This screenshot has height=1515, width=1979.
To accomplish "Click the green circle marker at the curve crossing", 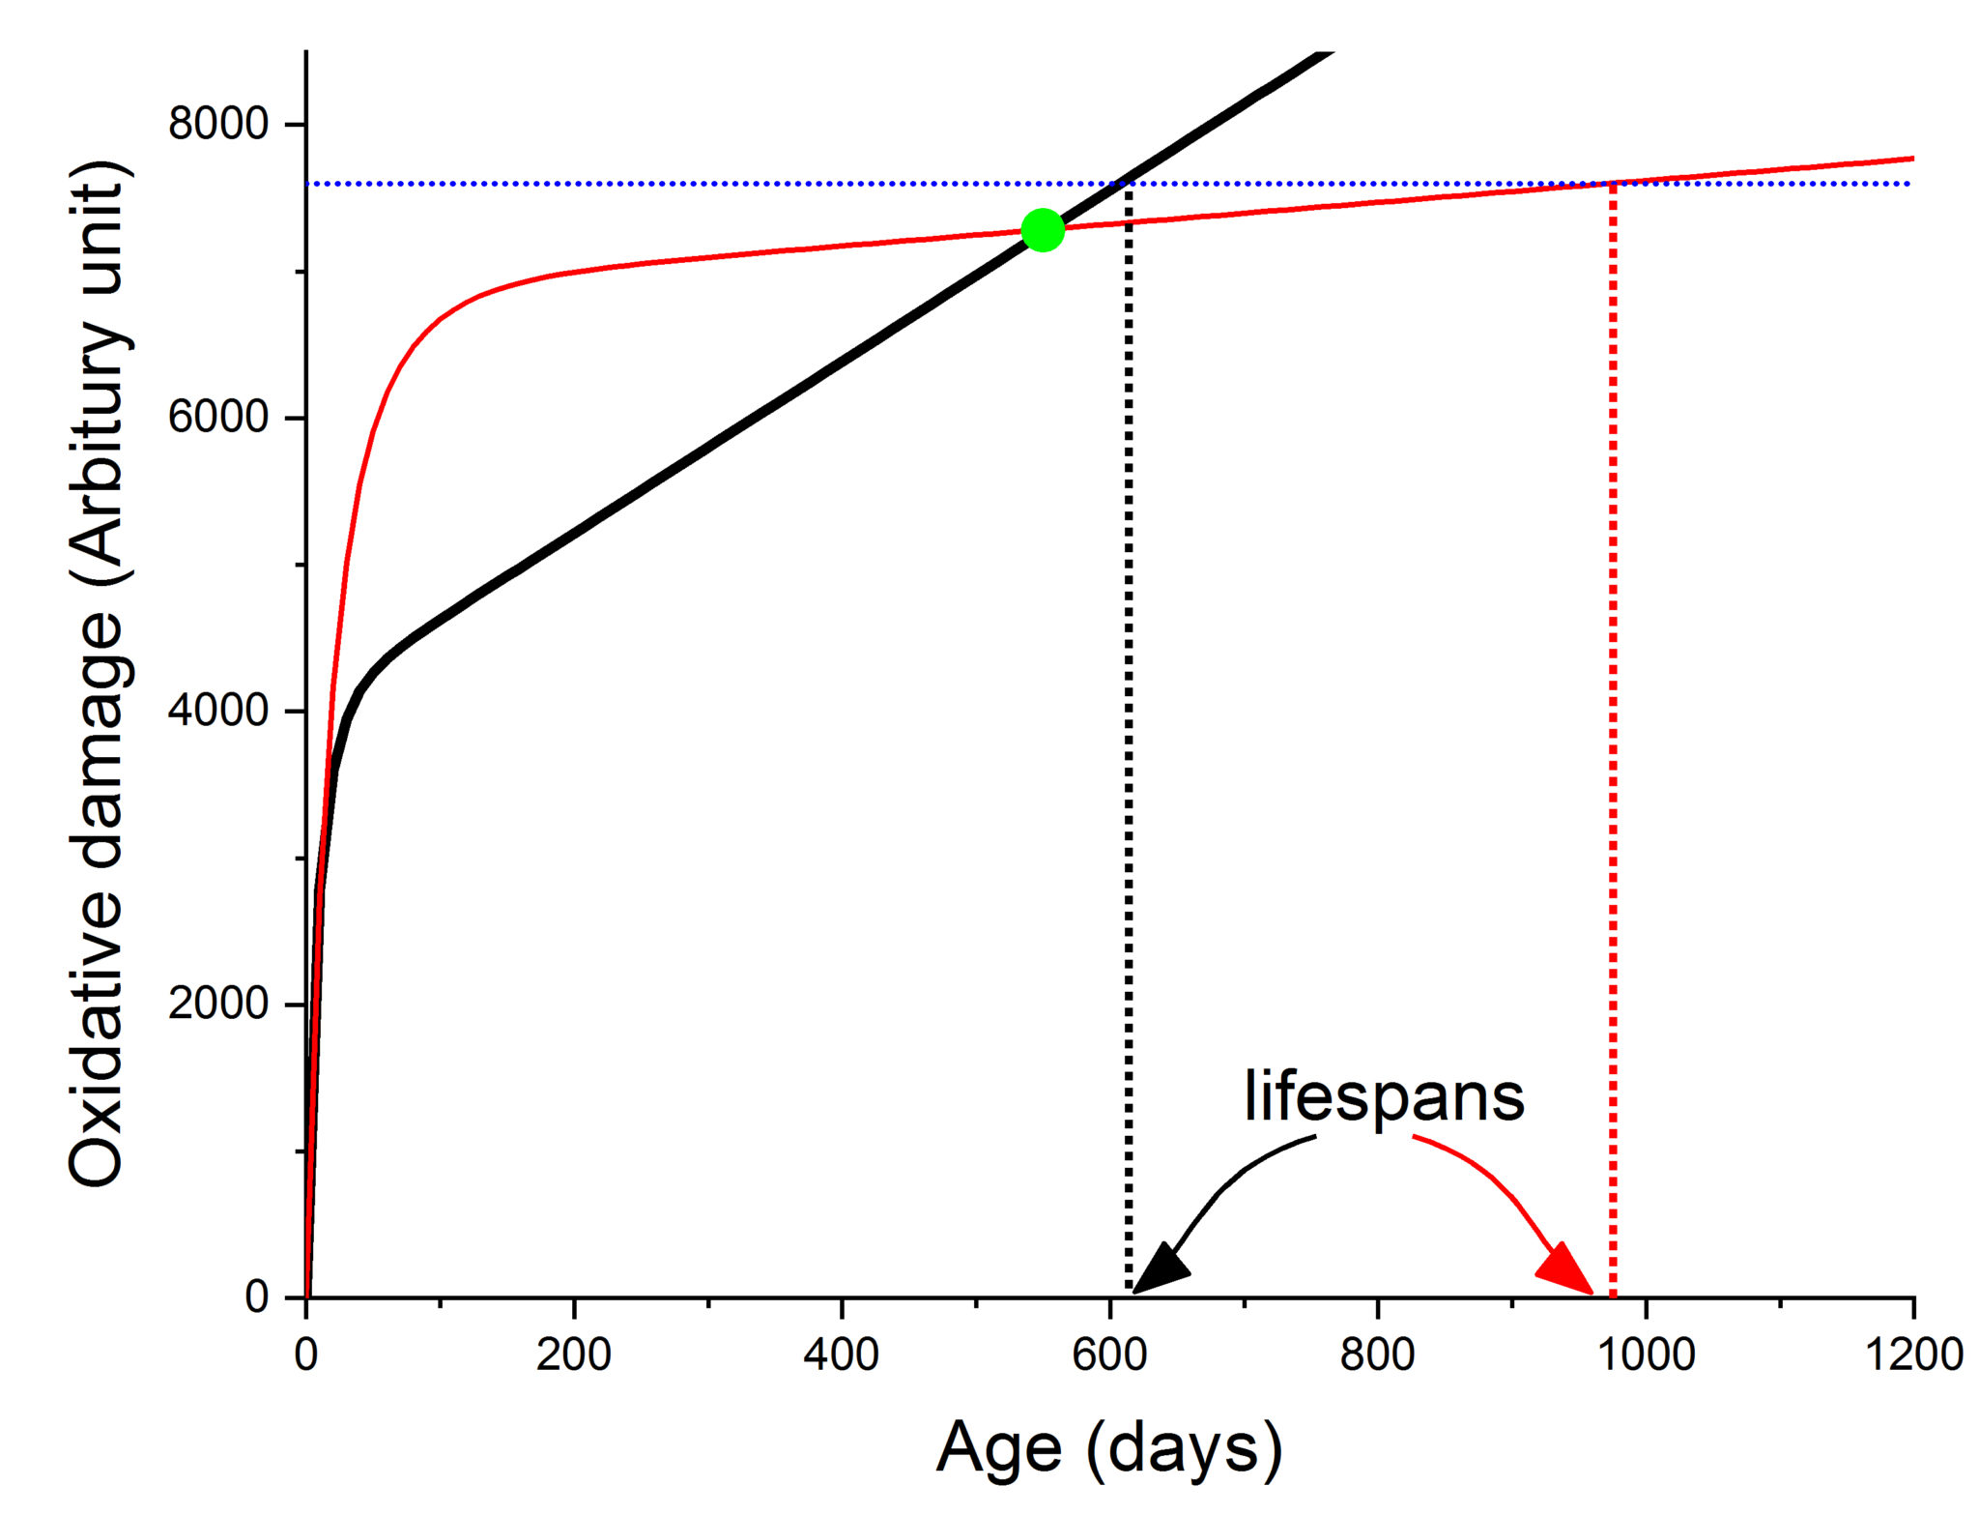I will [x=1043, y=230].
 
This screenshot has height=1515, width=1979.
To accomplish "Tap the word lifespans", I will [x=1384, y=1096].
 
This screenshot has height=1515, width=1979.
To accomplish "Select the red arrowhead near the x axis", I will [x=1566, y=1270].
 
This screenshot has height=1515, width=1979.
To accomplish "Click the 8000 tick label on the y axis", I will [x=217, y=124].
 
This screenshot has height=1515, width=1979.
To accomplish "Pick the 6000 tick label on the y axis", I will [x=217, y=417].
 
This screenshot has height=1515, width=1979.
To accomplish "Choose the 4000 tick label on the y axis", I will [x=217, y=710].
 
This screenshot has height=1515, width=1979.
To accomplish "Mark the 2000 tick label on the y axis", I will [x=217, y=1003].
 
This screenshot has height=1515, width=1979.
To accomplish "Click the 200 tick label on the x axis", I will [x=574, y=1355].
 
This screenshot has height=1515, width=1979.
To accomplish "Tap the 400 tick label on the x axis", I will [x=842, y=1355].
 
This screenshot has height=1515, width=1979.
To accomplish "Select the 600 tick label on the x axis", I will [x=1109, y=1355].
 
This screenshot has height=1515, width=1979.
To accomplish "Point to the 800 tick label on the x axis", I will [x=1377, y=1355].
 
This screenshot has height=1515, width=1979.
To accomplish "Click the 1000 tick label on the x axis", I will [x=1646, y=1355].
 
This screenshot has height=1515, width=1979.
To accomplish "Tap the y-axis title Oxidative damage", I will [x=99, y=677].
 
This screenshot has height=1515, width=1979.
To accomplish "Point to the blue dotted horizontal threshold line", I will [x=676, y=184].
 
